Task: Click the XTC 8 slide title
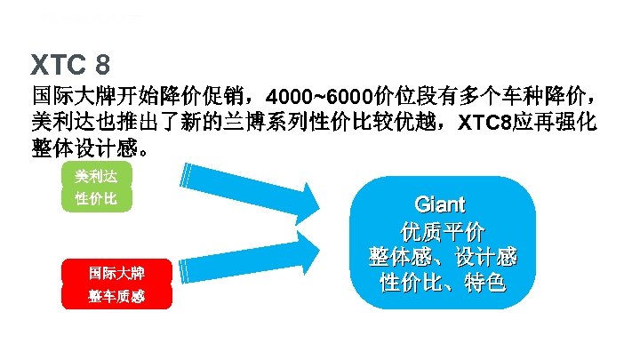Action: tap(70, 64)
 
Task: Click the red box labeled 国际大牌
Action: tap(116, 272)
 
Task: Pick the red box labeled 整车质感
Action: tap(116, 297)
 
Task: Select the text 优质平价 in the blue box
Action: tap(442, 232)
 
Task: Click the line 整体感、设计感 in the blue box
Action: tap(442, 258)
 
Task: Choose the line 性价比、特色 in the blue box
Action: tap(442, 284)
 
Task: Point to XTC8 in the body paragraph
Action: tap(484, 122)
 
